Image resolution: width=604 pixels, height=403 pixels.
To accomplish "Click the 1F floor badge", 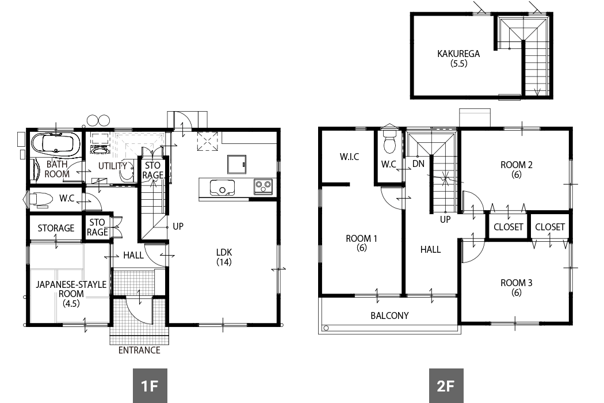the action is (150, 386).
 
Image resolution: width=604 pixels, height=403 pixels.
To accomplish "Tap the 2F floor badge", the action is (446, 386).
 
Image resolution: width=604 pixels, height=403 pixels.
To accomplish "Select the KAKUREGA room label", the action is (458, 54).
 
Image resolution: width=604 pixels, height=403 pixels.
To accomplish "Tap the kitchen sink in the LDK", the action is (222, 188).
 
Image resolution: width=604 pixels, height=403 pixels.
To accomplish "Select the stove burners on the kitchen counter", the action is (263, 187).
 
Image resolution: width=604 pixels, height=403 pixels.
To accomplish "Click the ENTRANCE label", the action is (139, 350).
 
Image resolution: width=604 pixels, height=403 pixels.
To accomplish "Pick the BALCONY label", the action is (389, 315).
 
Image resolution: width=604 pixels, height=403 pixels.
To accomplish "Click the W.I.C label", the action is (349, 157).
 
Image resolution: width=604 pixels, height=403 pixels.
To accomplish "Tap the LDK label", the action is (224, 252).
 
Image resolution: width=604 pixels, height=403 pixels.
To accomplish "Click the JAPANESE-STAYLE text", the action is (71, 284).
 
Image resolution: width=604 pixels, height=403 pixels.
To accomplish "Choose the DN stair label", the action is (418, 164).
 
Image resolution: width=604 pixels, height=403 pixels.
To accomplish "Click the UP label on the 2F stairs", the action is (445, 219).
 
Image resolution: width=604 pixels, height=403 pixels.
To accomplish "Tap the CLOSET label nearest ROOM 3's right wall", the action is (550, 227).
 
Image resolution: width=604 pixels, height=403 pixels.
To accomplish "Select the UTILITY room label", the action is (113, 166).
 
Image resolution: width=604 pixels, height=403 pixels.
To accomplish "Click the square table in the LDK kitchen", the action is (236, 165).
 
